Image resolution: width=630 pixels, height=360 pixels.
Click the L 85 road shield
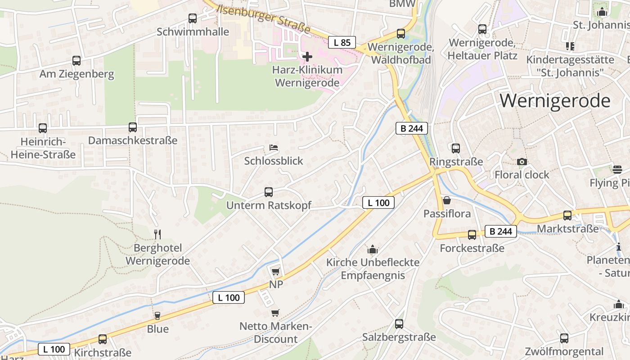[x=342, y=43]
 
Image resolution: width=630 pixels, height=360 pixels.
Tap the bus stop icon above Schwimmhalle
[x=193, y=18]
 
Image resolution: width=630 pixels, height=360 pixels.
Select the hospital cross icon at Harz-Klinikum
[x=307, y=57]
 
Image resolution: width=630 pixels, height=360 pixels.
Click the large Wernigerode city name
[x=555, y=100]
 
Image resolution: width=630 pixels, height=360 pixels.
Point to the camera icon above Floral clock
[x=522, y=162]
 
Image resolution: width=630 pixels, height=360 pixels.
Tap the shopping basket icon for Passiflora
[x=447, y=200]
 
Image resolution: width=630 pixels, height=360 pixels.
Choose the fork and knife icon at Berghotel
[x=157, y=234]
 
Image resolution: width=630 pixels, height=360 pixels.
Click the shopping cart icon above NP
[x=276, y=271]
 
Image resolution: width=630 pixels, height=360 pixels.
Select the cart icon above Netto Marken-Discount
[x=275, y=313]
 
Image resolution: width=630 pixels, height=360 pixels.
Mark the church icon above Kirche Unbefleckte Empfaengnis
[x=373, y=249]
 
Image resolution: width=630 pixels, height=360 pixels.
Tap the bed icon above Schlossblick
[x=274, y=148]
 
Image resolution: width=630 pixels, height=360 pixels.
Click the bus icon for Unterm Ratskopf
[x=269, y=192]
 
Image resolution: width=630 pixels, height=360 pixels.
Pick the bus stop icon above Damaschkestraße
[x=133, y=127]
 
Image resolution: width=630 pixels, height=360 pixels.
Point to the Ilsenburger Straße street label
[x=263, y=19]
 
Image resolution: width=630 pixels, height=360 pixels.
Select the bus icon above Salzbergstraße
[x=399, y=324]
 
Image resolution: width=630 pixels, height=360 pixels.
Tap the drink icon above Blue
[x=157, y=315]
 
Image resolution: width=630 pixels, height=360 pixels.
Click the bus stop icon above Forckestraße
[x=472, y=234]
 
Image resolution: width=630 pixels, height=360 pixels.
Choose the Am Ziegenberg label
[x=76, y=74]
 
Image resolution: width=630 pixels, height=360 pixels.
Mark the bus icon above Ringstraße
[x=456, y=148]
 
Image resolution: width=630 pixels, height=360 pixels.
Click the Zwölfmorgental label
[x=564, y=351]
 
